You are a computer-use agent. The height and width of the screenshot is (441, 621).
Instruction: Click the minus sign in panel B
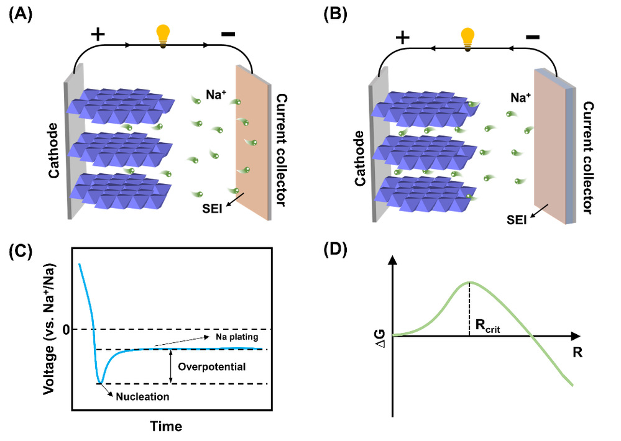532,37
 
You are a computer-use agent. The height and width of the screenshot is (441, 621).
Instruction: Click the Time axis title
165,427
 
